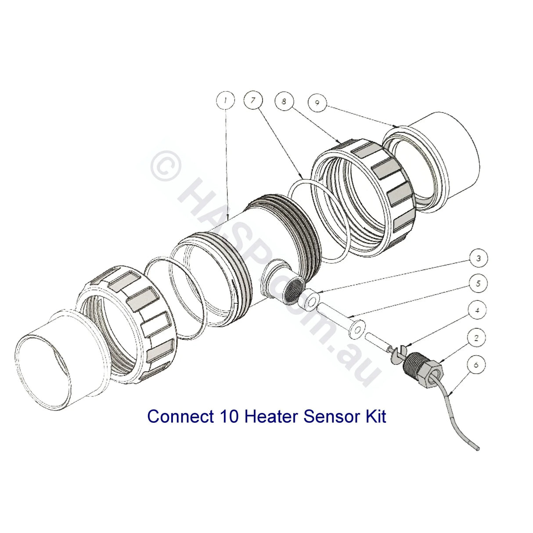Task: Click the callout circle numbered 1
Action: [226, 101]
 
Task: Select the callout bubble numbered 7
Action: [253, 101]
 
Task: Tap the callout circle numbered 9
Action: [317, 102]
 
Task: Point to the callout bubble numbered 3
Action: [479, 258]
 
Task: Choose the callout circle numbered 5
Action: [479, 284]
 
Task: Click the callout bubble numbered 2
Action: [477, 338]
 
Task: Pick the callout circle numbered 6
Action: [477, 364]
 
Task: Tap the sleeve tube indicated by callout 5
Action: [338, 318]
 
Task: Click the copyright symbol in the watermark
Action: [166, 167]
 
